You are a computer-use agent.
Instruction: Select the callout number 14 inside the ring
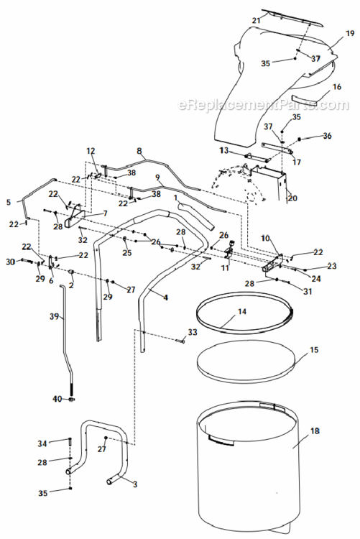[x=241, y=312]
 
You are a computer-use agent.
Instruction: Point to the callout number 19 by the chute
[x=350, y=34]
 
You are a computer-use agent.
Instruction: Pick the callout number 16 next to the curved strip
[x=336, y=87]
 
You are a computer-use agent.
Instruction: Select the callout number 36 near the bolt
[x=327, y=136]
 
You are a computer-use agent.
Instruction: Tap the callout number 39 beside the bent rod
[x=53, y=317]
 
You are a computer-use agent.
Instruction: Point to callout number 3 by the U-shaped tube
[x=134, y=485]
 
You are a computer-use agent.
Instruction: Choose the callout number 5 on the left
[x=9, y=203]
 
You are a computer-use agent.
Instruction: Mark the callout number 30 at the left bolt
[x=11, y=262]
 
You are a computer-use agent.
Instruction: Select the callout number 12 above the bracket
[x=91, y=151]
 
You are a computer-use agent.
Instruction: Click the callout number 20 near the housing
[x=292, y=198]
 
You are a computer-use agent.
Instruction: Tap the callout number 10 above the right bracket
[x=265, y=237]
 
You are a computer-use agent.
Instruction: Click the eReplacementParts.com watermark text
[x=262, y=106]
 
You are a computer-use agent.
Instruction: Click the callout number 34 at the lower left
[x=42, y=443]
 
